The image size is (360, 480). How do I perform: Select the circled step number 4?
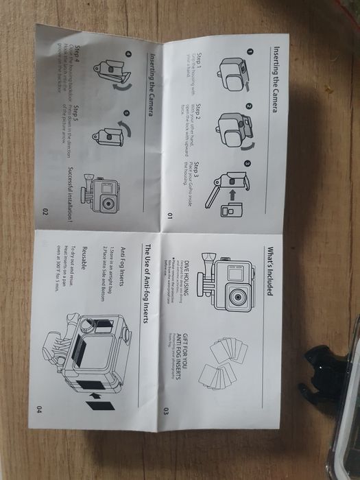click(x=127, y=54)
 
